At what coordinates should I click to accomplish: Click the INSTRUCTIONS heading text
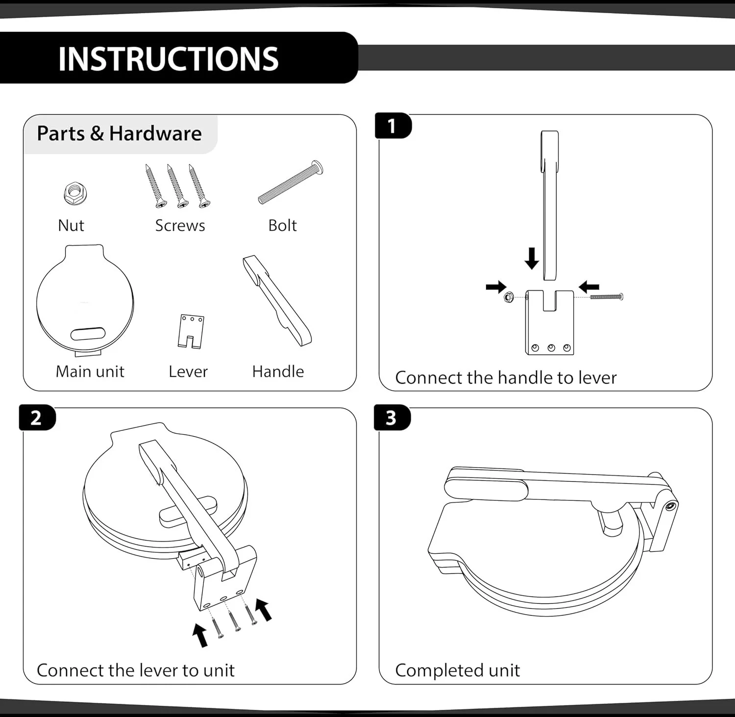[x=168, y=59]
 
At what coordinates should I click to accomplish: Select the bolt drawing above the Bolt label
[x=291, y=182]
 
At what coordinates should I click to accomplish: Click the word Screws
[x=180, y=225]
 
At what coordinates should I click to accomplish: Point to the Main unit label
[x=90, y=371]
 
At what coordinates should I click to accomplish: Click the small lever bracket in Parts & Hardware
[x=191, y=332]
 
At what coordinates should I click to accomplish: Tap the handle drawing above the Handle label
[x=277, y=300]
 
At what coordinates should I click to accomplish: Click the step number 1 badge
[x=392, y=126]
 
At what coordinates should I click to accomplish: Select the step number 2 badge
[x=37, y=418]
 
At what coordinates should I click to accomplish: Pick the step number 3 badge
[x=391, y=418]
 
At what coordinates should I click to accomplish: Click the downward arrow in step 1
[x=532, y=258]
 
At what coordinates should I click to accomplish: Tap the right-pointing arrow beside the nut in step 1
[x=496, y=287]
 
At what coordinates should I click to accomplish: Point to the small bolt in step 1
[x=607, y=297]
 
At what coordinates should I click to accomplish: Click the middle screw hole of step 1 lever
[x=551, y=348]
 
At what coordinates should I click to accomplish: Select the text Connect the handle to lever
[x=506, y=378]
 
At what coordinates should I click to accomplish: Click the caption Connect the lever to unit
[x=136, y=670]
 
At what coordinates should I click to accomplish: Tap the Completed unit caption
[x=457, y=670]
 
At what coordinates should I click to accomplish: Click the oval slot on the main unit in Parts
[x=88, y=334]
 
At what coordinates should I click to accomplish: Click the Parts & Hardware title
[x=119, y=134]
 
